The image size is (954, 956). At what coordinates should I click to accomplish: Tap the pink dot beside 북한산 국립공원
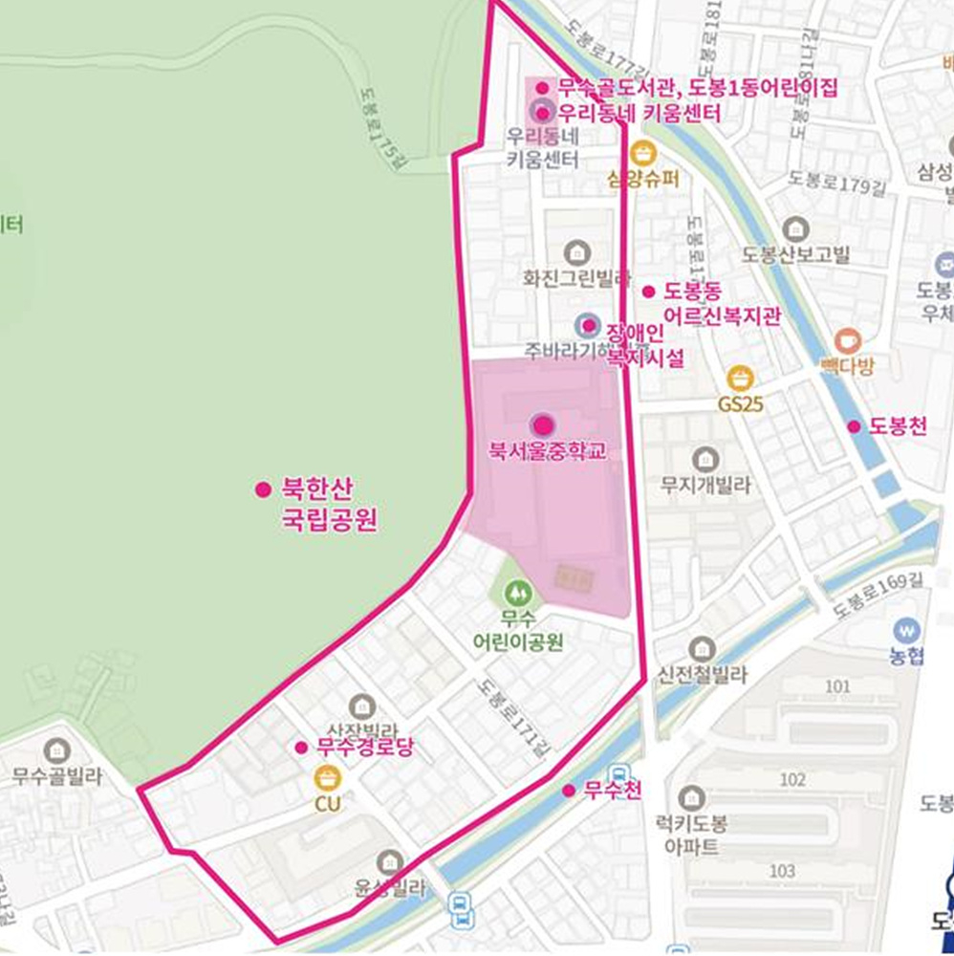(x=263, y=489)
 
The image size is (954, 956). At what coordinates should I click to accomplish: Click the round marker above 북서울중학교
(x=542, y=424)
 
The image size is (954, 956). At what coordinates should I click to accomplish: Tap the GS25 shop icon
(x=740, y=378)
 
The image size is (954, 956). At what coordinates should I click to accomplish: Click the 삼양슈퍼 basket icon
(x=644, y=153)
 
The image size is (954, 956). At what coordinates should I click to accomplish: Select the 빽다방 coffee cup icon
(x=847, y=340)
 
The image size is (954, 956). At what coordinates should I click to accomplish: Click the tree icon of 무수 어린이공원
(x=518, y=594)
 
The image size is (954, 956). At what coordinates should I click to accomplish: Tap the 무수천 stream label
(x=612, y=791)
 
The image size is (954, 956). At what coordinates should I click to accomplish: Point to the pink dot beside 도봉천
(x=854, y=426)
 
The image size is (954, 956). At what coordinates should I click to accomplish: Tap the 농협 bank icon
(x=905, y=630)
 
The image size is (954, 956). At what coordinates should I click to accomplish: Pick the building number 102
(x=792, y=779)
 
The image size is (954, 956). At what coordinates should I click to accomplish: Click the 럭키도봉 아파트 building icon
(x=691, y=796)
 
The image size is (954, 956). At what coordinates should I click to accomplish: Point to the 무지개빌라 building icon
(x=705, y=459)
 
